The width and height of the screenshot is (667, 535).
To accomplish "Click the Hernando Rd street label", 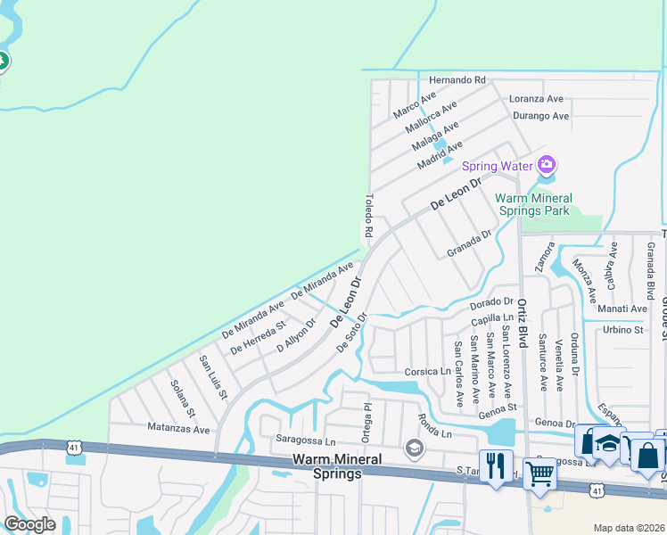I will tap(457, 79).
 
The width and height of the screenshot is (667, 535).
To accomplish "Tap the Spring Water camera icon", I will tap(546, 165).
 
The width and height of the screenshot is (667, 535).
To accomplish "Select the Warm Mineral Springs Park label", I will tap(532, 204).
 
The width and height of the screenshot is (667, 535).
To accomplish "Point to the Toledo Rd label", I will tap(367, 215).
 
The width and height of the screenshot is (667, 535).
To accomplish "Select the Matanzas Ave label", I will tap(178, 429).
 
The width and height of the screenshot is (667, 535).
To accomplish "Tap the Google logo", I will tap(29, 524).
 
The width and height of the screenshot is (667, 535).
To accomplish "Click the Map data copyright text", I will tap(629, 528).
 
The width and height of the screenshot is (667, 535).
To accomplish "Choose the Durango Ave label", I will tap(540, 116).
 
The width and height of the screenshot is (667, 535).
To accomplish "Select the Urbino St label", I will tap(623, 330).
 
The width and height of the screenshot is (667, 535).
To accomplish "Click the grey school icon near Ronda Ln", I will tap(414, 448).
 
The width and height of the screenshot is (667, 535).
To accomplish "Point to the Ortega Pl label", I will tap(366, 419).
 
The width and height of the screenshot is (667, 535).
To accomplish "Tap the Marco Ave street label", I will tap(415, 104).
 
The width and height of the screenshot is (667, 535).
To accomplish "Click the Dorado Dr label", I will tap(492, 304).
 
